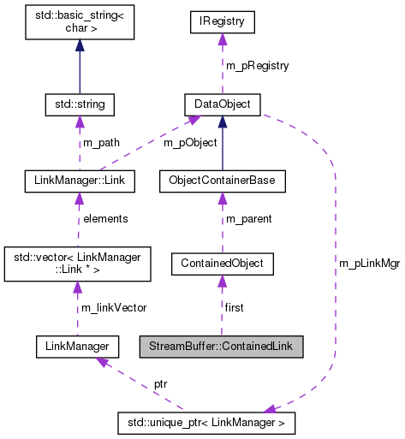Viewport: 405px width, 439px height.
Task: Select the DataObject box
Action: pyautogui.click(x=222, y=104)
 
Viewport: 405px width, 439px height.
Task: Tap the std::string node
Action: pyautogui.click(x=79, y=104)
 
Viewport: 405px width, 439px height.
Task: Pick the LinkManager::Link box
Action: pyautogui.click(x=79, y=181)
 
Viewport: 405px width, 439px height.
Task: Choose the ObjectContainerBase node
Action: pyautogui.click(x=222, y=181)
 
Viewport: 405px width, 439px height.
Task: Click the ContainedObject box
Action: pyautogui.click(x=222, y=263)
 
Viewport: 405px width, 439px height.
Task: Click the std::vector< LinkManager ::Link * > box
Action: pyautogui.click(x=79, y=262)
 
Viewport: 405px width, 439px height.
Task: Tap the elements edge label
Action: pyautogui.click(x=105, y=218)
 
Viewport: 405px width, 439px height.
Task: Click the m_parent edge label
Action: pyautogui.click(x=248, y=219)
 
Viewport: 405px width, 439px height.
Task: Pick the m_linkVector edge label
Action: pyautogui.click(x=112, y=307)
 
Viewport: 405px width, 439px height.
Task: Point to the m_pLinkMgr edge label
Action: pyautogui.click(x=370, y=264)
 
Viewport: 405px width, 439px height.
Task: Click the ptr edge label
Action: pyautogui.click(x=160, y=384)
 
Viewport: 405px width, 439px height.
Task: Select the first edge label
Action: pyautogui.click(x=235, y=307)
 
